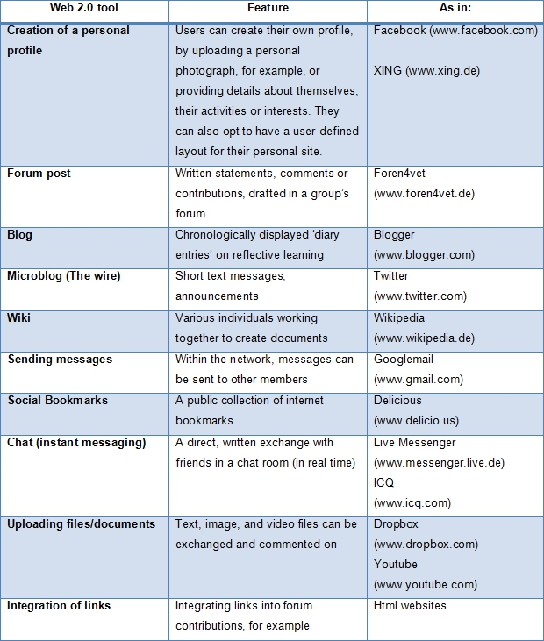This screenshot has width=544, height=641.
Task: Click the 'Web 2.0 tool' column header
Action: point(85,10)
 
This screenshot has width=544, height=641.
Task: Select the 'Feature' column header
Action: point(268,10)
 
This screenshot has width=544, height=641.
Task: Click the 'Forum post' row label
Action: point(39,174)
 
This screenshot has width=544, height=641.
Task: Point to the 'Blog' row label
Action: point(20,235)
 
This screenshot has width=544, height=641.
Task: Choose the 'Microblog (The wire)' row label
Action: point(64,276)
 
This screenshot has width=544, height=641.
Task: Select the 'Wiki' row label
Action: point(19,317)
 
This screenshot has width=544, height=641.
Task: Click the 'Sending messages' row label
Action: point(60,359)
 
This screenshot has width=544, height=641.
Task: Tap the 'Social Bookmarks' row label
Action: point(58,400)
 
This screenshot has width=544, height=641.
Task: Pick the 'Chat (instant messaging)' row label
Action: point(76,442)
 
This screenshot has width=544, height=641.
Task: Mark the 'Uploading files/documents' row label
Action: point(82,524)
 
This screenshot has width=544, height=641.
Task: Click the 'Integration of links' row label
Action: point(59,606)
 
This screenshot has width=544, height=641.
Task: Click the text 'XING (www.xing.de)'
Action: point(426,71)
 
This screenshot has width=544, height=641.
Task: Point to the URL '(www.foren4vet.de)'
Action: point(425,194)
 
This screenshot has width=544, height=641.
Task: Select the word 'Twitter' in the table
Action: point(391,276)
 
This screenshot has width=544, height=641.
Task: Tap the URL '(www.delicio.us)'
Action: point(416,421)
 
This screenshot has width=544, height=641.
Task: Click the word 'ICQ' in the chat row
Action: point(383,483)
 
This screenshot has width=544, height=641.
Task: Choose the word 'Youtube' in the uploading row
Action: point(396,565)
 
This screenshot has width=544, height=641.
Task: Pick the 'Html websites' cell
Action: point(410,606)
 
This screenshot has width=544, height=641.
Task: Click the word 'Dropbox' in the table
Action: point(396,524)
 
